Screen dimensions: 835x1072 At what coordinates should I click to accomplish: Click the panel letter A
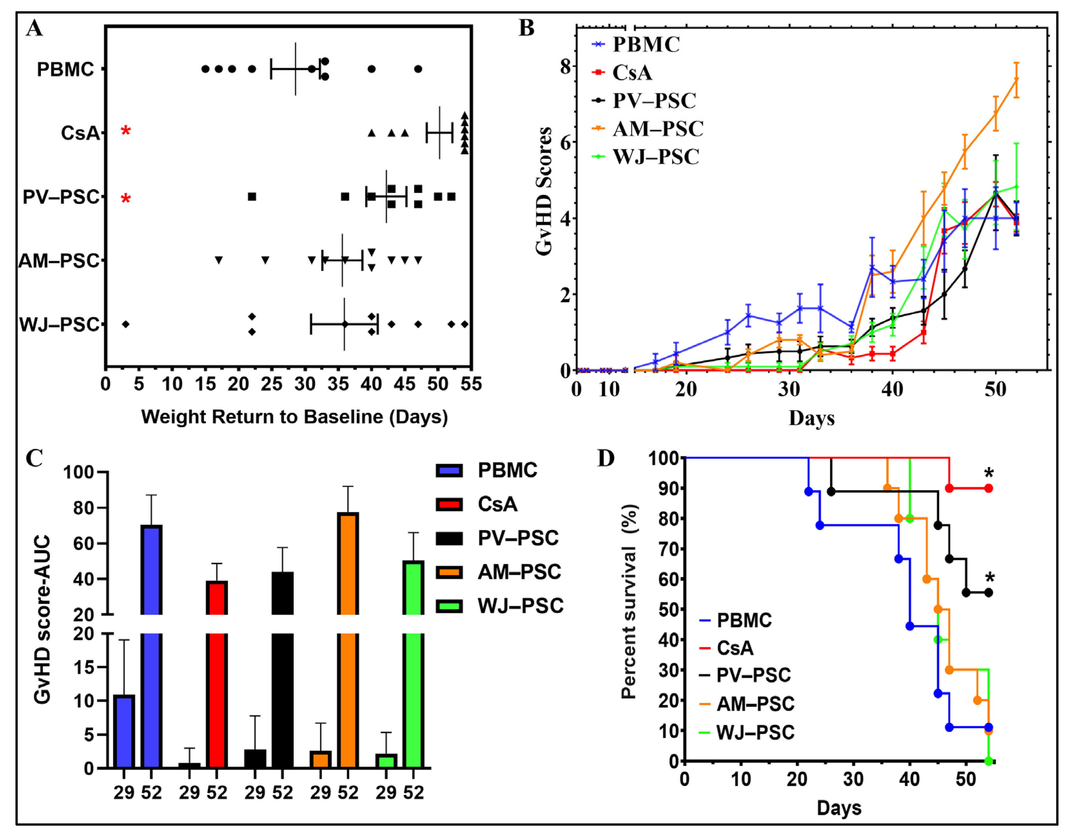tap(34, 28)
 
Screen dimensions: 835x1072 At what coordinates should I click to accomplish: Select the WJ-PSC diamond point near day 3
tap(126, 324)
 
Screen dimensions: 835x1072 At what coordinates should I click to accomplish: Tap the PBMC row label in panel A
tap(65, 69)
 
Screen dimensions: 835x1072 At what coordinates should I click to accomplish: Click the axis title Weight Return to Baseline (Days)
tap(295, 417)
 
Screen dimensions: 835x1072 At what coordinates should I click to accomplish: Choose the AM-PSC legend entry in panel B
tap(658, 128)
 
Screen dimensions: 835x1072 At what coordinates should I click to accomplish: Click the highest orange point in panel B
tap(1016, 80)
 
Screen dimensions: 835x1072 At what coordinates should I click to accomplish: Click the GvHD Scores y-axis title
tap(544, 192)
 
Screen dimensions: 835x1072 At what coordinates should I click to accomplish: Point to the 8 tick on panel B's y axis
tap(565, 66)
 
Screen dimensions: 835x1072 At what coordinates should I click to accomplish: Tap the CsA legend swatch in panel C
tap(449, 504)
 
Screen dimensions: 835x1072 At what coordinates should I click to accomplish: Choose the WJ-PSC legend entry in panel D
tap(755, 732)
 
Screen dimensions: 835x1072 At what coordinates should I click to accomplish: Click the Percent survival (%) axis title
tap(629, 601)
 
